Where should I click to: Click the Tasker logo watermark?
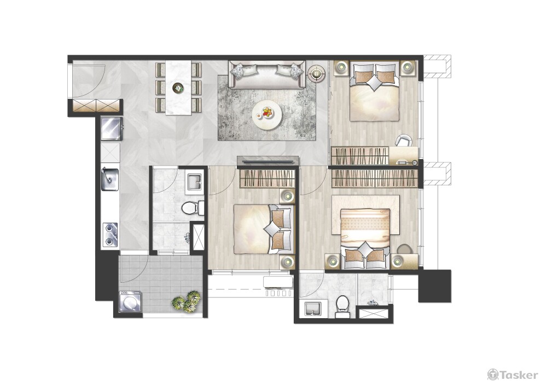(x=513, y=375)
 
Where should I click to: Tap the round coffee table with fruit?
(x=267, y=114)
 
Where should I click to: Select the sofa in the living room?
(x=267, y=74)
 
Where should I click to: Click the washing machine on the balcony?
(x=130, y=301)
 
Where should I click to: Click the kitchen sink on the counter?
(x=109, y=179)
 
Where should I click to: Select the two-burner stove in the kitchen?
(x=110, y=235)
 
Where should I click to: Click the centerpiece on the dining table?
(x=178, y=87)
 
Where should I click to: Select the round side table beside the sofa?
(x=317, y=74)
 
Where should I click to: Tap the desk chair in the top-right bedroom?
(x=404, y=140)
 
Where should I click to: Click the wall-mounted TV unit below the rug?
(x=268, y=161)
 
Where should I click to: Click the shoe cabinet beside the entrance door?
(x=95, y=106)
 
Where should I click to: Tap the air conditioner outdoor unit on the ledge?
(x=279, y=286)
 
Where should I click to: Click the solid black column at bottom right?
(x=435, y=286)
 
